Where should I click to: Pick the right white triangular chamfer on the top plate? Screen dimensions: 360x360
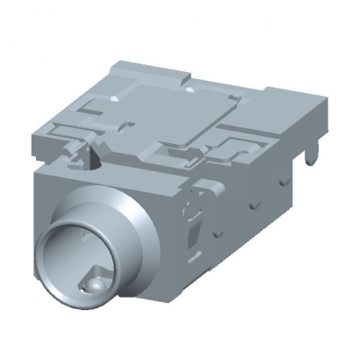192,88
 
